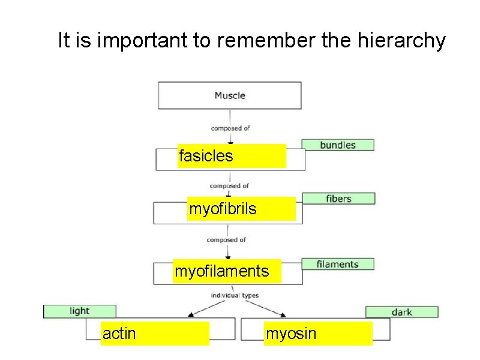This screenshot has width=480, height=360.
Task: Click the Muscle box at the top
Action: (230, 95)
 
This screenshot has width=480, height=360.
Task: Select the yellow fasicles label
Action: (232, 156)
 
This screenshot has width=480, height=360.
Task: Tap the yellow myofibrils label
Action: (241, 209)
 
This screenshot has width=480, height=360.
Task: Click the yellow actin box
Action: (155, 334)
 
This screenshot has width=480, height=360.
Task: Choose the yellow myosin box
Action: (318, 334)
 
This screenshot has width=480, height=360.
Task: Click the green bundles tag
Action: (338, 145)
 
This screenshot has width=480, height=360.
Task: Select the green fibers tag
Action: (339, 199)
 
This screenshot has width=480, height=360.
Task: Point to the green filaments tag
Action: (337, 264)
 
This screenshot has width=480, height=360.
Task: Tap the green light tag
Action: (79, 311)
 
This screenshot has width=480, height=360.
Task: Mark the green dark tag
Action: (401, 312)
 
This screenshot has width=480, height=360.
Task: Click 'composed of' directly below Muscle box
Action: (230, 128)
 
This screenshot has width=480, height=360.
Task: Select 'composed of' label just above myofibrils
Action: (229, 186)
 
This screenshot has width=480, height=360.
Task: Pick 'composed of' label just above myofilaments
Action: (226, 240)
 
